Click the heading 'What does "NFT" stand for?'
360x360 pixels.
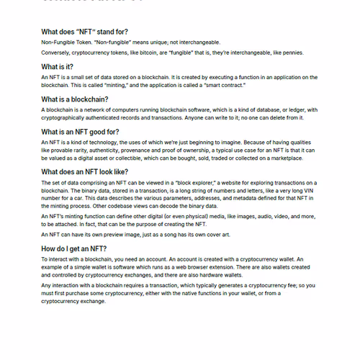[x=84, y=32]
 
